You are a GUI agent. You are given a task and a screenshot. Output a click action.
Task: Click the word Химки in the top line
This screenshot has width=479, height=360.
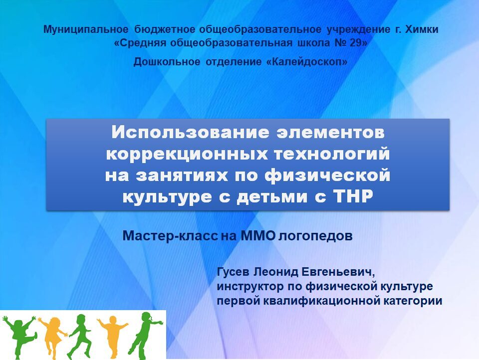[x=422, y=29]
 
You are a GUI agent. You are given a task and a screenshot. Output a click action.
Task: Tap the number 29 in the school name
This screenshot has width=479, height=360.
[x=355, y=43]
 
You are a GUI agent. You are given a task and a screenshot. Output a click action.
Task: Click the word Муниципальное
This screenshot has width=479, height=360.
[x=86, y=29]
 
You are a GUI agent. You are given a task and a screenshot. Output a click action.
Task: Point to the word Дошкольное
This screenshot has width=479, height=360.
[x=167, y=62]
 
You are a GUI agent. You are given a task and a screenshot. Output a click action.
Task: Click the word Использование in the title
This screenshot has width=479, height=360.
[x=190, y=133]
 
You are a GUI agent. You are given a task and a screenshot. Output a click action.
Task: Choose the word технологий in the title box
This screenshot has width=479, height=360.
[x=331, y=154]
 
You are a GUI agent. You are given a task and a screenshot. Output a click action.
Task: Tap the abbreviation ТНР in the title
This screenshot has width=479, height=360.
[x=353, y=196]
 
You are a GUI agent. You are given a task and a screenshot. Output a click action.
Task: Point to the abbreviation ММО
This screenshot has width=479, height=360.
[x=258, y=235]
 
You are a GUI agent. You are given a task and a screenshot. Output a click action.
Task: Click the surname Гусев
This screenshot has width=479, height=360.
[x=234, y=271]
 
